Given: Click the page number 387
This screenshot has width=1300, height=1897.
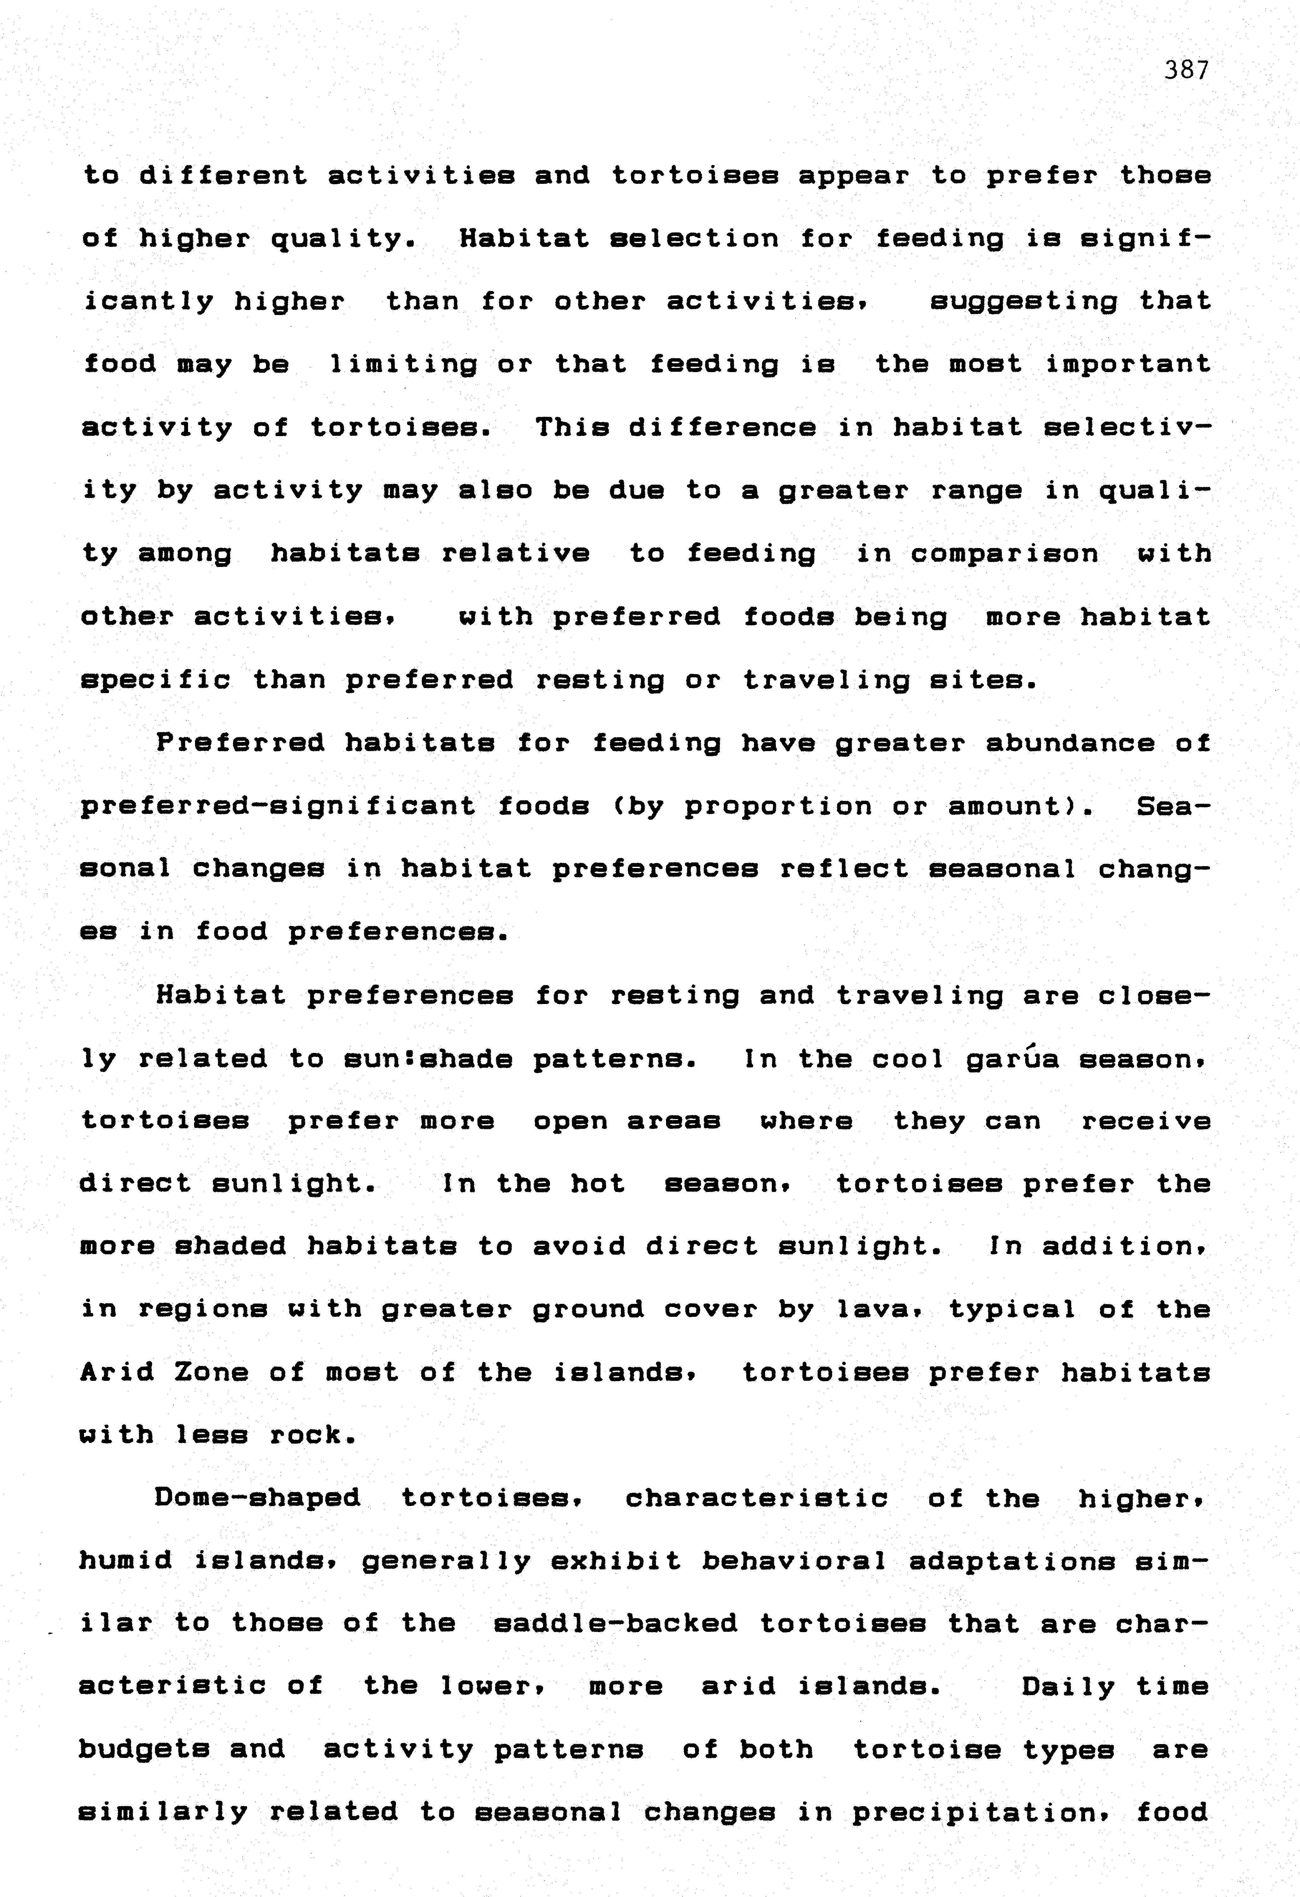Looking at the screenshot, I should (x=1186, y=71).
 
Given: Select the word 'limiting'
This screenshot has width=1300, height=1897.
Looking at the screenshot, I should (x=403, y=364).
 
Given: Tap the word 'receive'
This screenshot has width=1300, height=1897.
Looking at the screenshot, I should (x=1146, y=1122).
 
